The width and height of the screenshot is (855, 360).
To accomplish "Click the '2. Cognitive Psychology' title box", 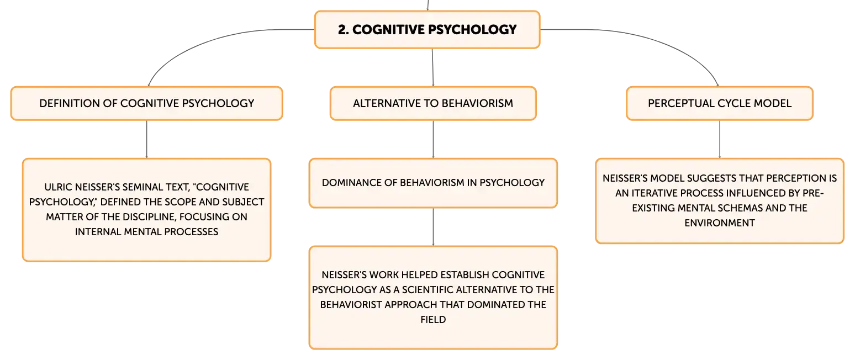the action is tap(427, 29).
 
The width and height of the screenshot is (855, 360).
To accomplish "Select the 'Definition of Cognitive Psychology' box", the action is tap(146, 103).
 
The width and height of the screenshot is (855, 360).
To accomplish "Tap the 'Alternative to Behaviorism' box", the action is tap(433, 103).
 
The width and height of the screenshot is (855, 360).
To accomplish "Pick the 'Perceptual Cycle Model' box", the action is tap(720, 103).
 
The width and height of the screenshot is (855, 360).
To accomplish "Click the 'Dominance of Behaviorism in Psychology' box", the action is tap(433, 183).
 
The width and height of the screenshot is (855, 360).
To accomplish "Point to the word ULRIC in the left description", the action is tap(58, 187).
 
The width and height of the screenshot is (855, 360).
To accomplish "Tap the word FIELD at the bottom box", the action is tap(433, 320).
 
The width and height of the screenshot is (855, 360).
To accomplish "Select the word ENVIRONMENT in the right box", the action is tap(720, 223).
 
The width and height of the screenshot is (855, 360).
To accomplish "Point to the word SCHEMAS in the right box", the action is tap(741, 208).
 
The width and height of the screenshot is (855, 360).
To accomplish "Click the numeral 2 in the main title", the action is tap(342, 29).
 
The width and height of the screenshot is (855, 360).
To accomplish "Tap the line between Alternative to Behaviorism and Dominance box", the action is tap(433, 139).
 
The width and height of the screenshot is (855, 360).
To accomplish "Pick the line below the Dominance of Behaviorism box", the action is tap(433, 227).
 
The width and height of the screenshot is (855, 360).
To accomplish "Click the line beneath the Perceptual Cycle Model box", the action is tap(720, 139).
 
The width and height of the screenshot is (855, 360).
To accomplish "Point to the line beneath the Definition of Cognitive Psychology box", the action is tap(146, 139).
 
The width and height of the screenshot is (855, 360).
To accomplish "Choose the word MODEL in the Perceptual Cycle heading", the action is tap(776, 103).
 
